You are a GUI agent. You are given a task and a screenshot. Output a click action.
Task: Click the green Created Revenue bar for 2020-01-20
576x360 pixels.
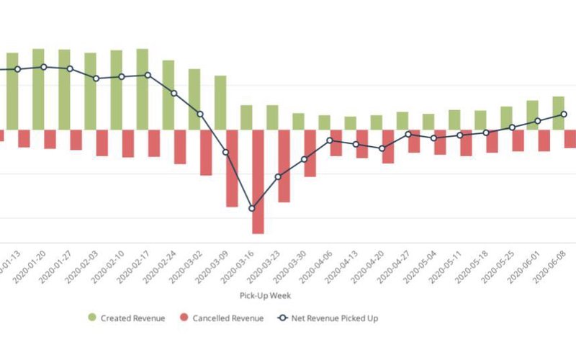point(38,89)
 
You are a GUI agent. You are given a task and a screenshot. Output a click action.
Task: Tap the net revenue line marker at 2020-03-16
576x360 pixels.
point(252,209)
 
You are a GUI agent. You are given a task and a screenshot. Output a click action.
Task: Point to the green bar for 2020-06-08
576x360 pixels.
point(558,113)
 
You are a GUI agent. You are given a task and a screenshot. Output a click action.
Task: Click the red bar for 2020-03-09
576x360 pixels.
point(232,168)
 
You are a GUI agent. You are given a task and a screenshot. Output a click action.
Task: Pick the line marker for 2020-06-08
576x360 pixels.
point(564,114)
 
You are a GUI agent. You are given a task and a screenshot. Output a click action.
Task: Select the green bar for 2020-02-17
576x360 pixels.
point(142,89)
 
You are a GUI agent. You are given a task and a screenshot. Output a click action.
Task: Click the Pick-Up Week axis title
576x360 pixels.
point(265,295)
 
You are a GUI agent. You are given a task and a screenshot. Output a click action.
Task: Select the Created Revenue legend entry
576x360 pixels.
point(125,318)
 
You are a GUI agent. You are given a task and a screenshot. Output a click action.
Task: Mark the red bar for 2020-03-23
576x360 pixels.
point(284,166)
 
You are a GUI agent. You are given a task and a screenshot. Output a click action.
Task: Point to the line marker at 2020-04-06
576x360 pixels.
point(330,141)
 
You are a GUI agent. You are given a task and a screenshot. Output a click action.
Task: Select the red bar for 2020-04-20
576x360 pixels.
point(388,146)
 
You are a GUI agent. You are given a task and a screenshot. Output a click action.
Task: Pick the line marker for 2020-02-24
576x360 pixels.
point(174,94)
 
